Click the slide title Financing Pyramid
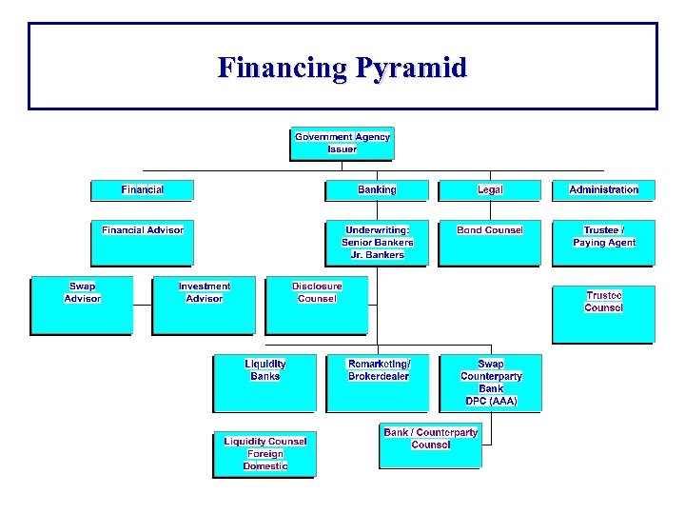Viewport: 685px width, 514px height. click(x=342, y=68)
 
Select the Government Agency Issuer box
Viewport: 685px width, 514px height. click(x=342, y=144)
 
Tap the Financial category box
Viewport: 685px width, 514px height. click(x=142, y=190)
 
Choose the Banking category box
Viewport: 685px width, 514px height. click(x=377, y=190)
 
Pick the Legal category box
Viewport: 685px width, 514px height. click(x=489, y=190)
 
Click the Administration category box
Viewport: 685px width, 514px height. click(x=603, y=190)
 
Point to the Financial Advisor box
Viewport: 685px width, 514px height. click(x=142, y=244)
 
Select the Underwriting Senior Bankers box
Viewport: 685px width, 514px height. click(x=377, y=243)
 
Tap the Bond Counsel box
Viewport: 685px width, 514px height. click(x=489, y=243)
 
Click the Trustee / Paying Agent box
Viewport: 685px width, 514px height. click(x=603, y=243)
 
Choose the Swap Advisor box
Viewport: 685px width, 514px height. click(x=82, y=306)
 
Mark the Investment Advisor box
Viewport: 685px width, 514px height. click(x=204, y=306)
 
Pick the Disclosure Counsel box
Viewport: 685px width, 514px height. click(x=317, y=306)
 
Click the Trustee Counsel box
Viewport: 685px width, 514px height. click(x=603, y=314)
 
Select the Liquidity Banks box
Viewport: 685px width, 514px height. click(x=264, y=383)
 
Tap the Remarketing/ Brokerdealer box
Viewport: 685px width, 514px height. click(x=378, y=383)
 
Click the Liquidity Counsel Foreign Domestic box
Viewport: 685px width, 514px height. click(x=264, y=454)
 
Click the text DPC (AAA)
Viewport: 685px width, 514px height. click(x=491, y=402)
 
